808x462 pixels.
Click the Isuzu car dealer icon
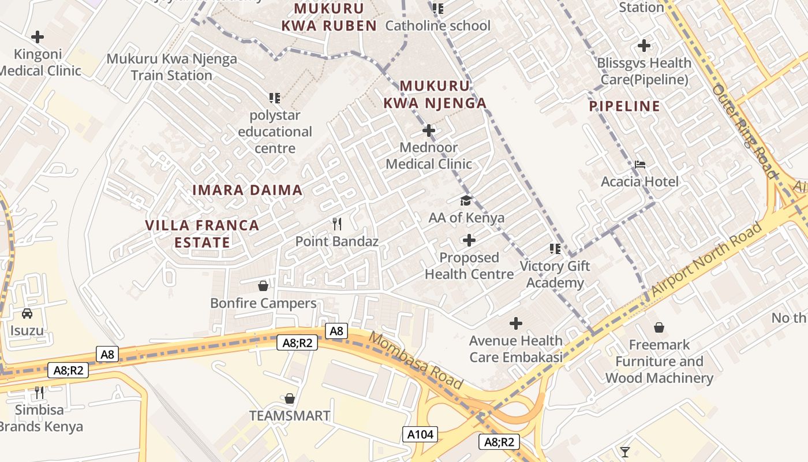[27, 314]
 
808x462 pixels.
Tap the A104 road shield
[420, 434]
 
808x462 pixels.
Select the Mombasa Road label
[416, 360]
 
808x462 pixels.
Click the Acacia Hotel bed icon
[639, 165]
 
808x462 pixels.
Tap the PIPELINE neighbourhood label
[624, 106]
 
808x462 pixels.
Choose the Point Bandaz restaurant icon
[337, 223]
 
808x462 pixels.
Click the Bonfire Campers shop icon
[263, 286]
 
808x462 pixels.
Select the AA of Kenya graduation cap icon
[466, 200]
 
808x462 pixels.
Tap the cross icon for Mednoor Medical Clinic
[429, 131]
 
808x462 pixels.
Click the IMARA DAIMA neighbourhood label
[247, 190]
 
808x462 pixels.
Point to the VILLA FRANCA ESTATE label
[202, 233]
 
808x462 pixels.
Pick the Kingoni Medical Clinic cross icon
[38, 38]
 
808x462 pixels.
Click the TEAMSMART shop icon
[290, 398]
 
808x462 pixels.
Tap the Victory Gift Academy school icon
[555, 249]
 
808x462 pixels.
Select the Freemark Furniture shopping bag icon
[659, 327]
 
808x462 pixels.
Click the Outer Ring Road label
[745, 131]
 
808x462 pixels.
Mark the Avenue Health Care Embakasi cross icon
[516, 323]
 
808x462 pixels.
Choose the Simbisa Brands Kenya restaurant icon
[39, 393]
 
